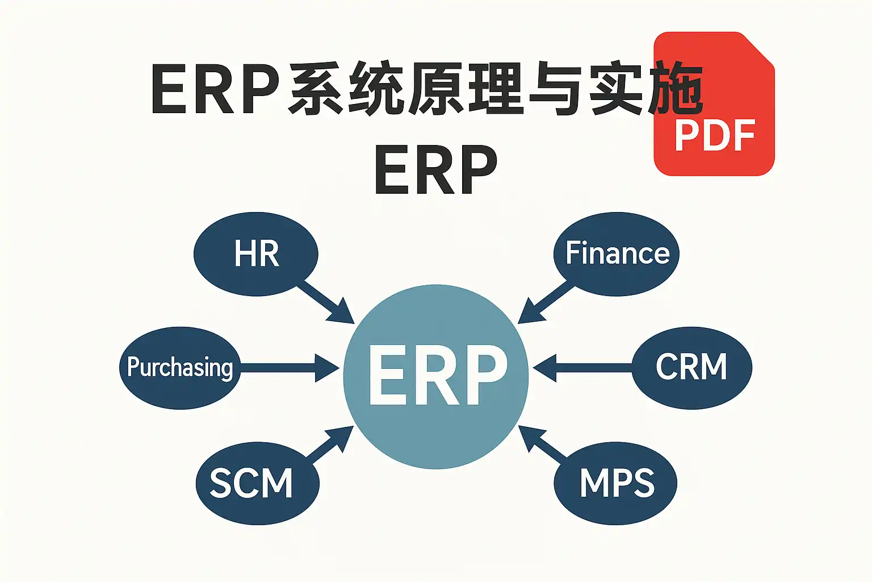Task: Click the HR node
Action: (x=256, y=253)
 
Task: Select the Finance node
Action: (x=617, y=253)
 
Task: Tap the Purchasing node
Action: (x=180, y=368)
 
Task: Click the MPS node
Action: (x=616, y=483)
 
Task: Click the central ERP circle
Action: (x=436, y=376)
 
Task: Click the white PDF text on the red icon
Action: (x=715, y=136)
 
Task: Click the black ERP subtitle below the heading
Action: (x=436, y=170)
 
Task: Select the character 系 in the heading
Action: (x=316, y=90)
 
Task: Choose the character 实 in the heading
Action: (x=617, y=90)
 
